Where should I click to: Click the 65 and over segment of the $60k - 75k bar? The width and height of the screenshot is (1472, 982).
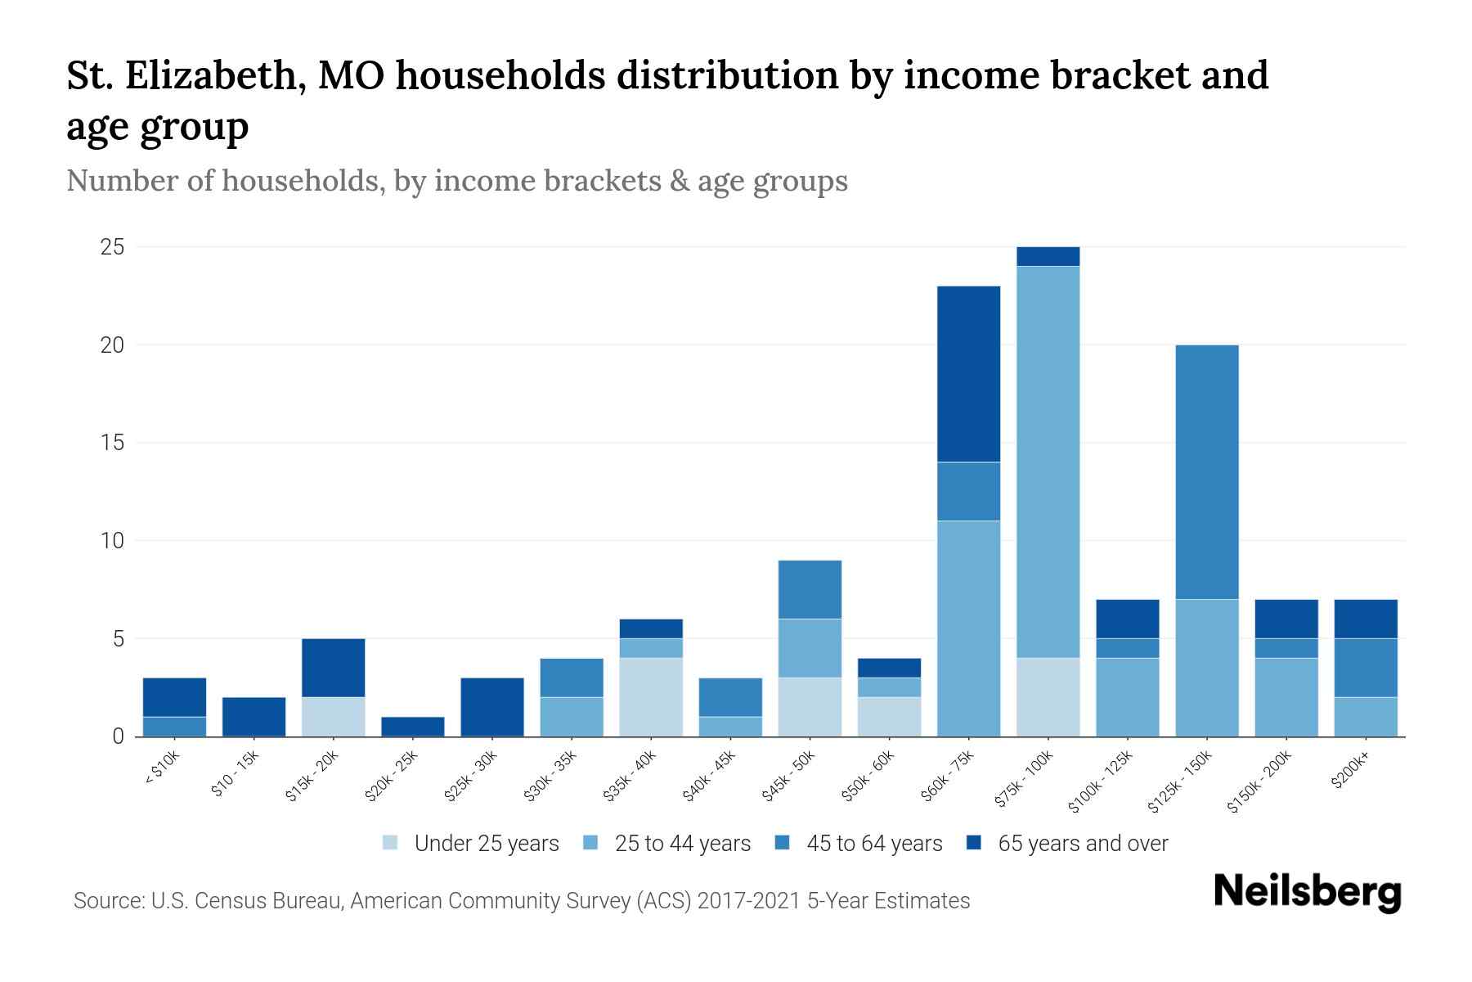point(968,374)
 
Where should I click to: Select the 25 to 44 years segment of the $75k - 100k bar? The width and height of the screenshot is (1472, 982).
point(1048,462)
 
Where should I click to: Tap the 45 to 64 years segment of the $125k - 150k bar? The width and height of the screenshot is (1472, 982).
point(1206,472)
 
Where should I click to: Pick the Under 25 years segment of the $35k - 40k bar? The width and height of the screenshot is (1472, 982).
point(651,697)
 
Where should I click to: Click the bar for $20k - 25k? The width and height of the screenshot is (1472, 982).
point(412,727)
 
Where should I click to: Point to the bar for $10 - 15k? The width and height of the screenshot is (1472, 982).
point(254,717)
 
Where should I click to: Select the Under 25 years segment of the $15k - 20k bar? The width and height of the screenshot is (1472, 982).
point(333,717)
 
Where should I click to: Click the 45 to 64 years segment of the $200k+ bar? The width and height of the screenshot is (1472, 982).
point(1365,668)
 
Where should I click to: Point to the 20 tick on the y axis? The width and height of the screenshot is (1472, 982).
point(113,345)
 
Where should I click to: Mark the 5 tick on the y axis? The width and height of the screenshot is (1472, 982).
point(119,638)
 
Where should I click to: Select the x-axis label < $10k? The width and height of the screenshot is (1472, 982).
point(162,769)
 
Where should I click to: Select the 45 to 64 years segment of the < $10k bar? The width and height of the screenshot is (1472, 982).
point(174,727)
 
